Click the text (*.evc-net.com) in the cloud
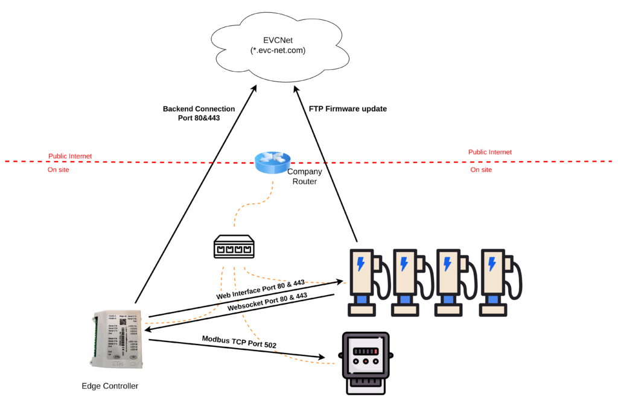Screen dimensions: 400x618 [278, 51]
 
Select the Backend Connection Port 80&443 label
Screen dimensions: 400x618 [199, 113]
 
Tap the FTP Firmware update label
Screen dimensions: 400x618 [348, 109]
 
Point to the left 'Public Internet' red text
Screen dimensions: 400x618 [70, 156]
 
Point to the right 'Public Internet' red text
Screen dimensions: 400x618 [490, 153]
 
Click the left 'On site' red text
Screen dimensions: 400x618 [59, 170]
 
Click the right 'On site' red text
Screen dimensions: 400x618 [481, 170]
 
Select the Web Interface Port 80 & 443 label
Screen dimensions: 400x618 [261, 290]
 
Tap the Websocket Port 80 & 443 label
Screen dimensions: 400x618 [267, 302]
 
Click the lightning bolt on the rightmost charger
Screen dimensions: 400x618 [492, 264]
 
